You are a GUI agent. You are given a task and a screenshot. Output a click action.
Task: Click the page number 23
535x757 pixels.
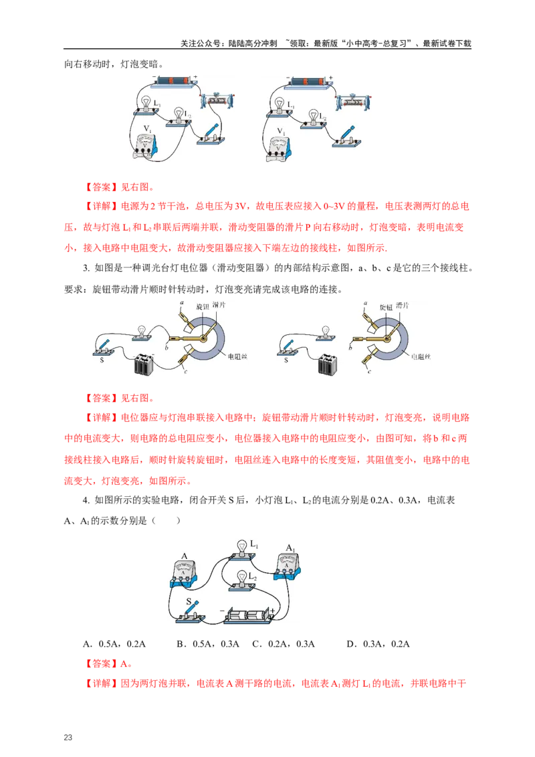click(x=68, y=737)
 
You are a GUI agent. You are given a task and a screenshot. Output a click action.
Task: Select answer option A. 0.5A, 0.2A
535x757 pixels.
click(x=114, y=644)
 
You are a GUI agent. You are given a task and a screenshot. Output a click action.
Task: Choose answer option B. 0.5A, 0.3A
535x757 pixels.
click(x=208, y=644)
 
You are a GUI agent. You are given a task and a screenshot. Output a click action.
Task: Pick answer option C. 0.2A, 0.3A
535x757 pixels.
click(x=284, y=644)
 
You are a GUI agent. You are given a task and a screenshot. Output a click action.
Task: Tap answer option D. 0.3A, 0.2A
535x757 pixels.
click(x=378, y=644)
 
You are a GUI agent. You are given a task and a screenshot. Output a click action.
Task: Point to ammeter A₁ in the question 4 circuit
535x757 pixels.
click(x=288, y=566)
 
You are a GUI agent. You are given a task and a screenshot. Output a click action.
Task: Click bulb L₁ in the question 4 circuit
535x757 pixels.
click(x=241, y=550)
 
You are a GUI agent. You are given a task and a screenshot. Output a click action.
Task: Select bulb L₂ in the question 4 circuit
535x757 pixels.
click(x=241, y=580)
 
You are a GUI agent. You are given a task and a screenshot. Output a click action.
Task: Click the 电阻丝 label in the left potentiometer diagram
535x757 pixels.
click(x=237, y=356)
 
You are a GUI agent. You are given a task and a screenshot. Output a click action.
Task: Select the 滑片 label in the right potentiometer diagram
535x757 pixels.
click(x=402, y=305)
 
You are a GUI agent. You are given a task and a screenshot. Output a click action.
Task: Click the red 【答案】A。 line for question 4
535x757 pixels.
click(x=108, y=664)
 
